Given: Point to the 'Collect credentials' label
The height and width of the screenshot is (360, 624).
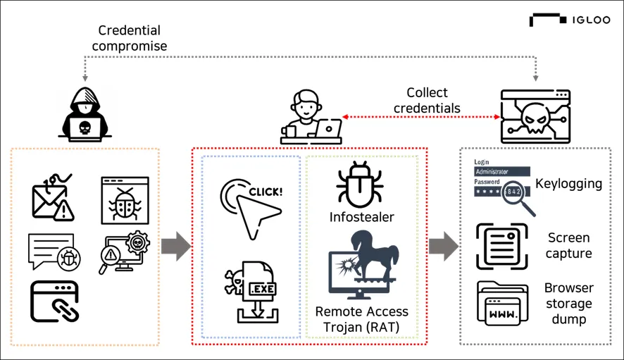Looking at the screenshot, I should tap(427, 100).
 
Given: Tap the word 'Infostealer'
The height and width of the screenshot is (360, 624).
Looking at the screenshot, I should tap(361, 216).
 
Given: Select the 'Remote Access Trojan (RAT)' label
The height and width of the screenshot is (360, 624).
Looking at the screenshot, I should tap(361, 318).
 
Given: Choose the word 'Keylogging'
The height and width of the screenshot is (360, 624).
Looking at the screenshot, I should tap(568, 184).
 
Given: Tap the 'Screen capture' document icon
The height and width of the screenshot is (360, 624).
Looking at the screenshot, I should tap(501, 246).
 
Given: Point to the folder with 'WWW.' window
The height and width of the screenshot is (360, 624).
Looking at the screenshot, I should tap(502, 303).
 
